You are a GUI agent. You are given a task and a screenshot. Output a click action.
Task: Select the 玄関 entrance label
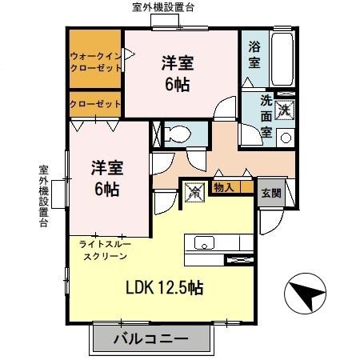click(x=270, y=193)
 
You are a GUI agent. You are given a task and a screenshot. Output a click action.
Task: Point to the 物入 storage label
click(x=222, y=189)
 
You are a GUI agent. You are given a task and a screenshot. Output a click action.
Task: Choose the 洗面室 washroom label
click(x=267, y=118)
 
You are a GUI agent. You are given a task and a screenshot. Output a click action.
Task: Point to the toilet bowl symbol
click(x=178, y=133)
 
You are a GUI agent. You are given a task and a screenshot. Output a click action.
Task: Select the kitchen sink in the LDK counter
click(x=201, y=244)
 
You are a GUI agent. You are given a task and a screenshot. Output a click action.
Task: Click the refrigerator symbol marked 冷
click(x=193, y=192)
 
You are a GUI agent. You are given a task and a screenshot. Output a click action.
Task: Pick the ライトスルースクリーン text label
click(x=104, y=248)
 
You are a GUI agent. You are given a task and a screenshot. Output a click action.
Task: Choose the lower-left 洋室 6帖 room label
click(x=106, y=178)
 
